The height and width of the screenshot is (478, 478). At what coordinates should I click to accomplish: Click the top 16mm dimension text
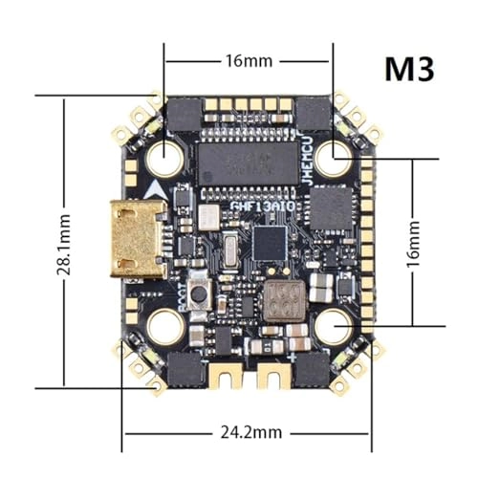tap(249, 60)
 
